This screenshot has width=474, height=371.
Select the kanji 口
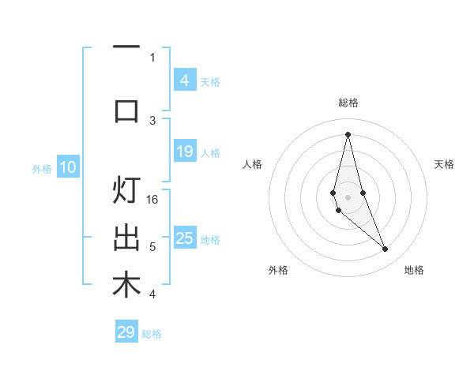(x=126, y=110)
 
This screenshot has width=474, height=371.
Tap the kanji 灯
(x=126, y=192)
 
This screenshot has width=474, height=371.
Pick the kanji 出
(x=126, y=238)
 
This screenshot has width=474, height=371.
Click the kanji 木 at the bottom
(x=126, y=286)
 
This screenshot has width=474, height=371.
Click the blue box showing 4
(x=184, y=81)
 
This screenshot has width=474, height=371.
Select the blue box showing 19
(x=184, y=152)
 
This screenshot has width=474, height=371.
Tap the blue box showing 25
(x=184, y=238)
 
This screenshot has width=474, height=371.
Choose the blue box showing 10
(x=67, y=167)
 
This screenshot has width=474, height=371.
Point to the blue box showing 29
(x=126, y=332)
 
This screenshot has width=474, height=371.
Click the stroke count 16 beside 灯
(x=153, y=200)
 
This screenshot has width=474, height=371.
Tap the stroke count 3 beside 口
(x=152, y=120)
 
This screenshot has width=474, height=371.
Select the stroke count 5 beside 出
(x=152, y=247)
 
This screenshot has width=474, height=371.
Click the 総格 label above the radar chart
(x=348, y=103)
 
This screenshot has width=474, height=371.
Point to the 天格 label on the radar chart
(x=445, y=164)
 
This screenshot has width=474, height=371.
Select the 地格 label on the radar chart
(x=414, y=270)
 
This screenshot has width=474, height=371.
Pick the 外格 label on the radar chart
(x=278, y=270)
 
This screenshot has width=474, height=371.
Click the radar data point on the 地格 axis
(x=385, y=249)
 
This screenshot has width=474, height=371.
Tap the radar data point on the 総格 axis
(x=348, y=134)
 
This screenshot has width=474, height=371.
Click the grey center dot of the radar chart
(x=348, y=197)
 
